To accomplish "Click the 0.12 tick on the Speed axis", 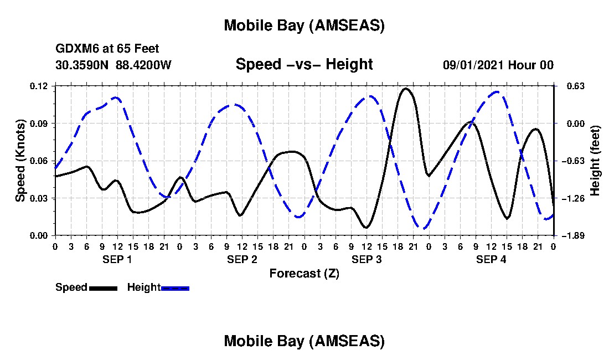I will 40,86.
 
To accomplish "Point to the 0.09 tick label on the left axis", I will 40,123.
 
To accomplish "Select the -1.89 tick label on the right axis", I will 570,235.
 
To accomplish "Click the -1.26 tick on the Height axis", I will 570,198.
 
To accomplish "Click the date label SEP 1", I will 117,259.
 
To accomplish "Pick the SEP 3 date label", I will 367,259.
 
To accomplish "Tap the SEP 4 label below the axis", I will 491,259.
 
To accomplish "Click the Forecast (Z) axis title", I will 304,273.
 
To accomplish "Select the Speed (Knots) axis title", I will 20,160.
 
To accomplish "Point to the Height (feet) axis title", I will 595,160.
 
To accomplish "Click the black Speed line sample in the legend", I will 103,288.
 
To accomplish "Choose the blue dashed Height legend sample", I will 175,288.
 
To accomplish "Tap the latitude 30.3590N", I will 82,65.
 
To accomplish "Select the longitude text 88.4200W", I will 143,65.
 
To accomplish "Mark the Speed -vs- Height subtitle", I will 304,64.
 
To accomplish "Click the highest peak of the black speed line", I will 406,89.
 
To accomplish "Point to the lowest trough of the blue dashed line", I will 424,228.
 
